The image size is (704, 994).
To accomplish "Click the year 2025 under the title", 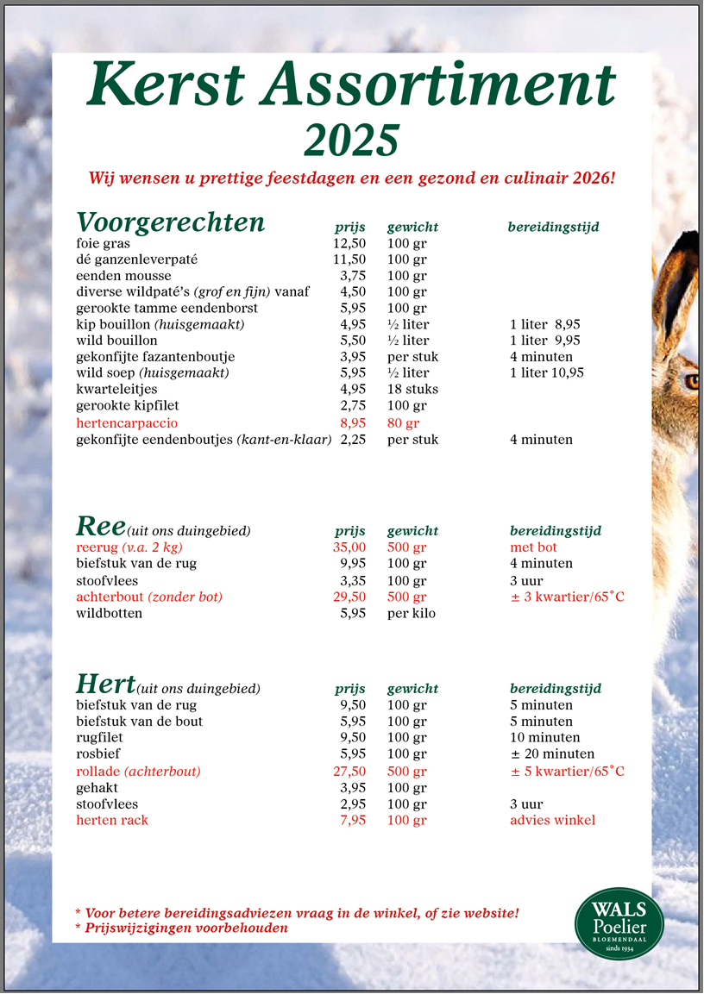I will coord(352,139).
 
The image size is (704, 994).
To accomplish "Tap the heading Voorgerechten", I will coord(171,222).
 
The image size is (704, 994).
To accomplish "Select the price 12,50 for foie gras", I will coord(349,243).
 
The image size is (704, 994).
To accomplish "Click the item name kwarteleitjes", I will coord(112,390).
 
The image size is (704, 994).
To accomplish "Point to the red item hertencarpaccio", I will coord(127,423).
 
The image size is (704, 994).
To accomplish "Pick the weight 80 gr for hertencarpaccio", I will coord(403,423).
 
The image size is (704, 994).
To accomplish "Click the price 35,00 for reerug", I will coord(349,547).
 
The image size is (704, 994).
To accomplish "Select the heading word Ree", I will coord(101,526).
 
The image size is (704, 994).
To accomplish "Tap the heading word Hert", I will coord(105,685).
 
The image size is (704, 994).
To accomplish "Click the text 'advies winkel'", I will coord(552,821).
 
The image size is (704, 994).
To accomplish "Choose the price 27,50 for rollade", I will coord(349,772).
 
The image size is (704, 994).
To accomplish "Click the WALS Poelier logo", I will coord(619,923).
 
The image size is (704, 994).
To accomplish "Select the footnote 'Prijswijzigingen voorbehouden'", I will coord(185,928).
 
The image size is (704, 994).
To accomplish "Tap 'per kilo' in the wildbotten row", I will coord(412,614).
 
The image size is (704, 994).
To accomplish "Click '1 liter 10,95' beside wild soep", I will coord(547,373).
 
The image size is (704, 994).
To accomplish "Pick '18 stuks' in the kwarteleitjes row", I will coord(412,390).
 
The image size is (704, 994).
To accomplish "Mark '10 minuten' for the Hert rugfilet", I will coord(544,738).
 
